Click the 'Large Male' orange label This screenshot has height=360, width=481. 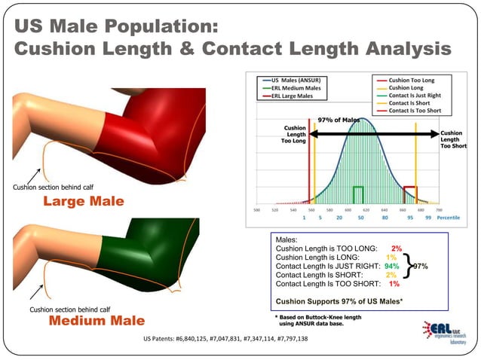pyautogui.click(x=83, y=202)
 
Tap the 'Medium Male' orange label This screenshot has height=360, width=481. pyautogui.click(x=97, y=321)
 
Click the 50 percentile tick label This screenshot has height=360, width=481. pyautogui.click(x=361, y=217)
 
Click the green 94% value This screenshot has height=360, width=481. pyautogui.click(x=391, y=266)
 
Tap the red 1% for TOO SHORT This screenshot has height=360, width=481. pyautogui.click(x=394, y=284)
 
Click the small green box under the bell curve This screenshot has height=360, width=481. pyautogui.click(x=359, y=193)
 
